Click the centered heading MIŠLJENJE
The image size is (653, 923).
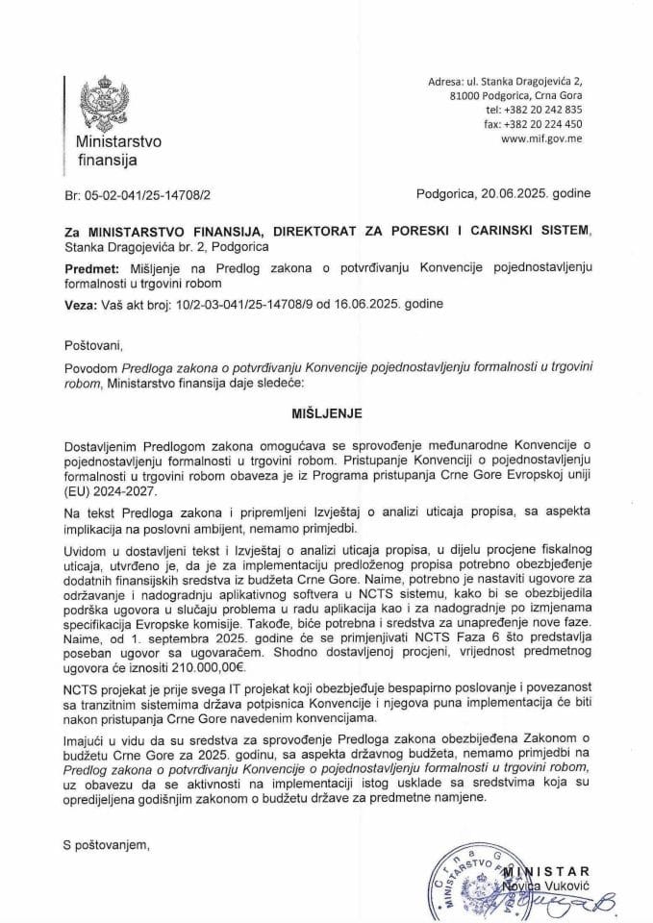pyautogui.click(x=327, y=393)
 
